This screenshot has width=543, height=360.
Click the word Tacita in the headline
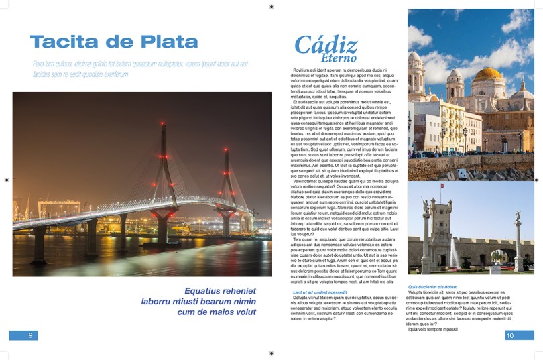pyautogui.click(x=63, y=41)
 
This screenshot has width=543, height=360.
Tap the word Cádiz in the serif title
pyautogui.click(x=326, y=45)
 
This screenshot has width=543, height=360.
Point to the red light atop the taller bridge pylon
pyautogui.click(x=162, y=123)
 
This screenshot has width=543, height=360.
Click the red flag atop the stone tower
pyautogui.click(x=442, y=185)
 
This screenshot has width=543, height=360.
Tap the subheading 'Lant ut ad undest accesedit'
pyautogui.click(x=320, y=292)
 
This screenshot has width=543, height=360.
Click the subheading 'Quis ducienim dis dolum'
pyautogui.click(x=432, y=286)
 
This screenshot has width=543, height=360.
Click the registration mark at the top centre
pyautogui.click(x=271, y=7)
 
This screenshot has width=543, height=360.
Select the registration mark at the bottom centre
pyautogui.click(x=271, y=353)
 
